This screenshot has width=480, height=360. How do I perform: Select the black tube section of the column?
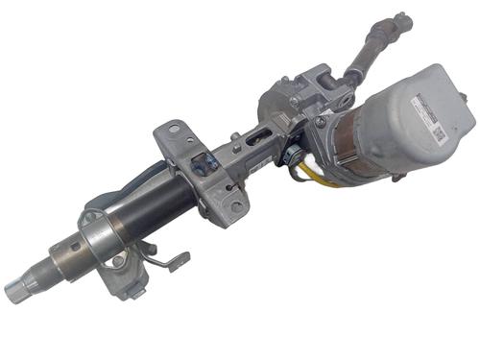[x=144, y=207]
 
